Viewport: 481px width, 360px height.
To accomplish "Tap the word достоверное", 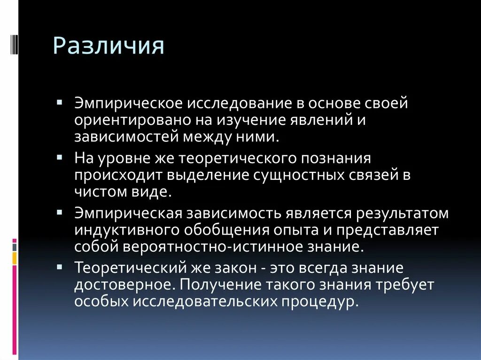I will click(x=124, y=285).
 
